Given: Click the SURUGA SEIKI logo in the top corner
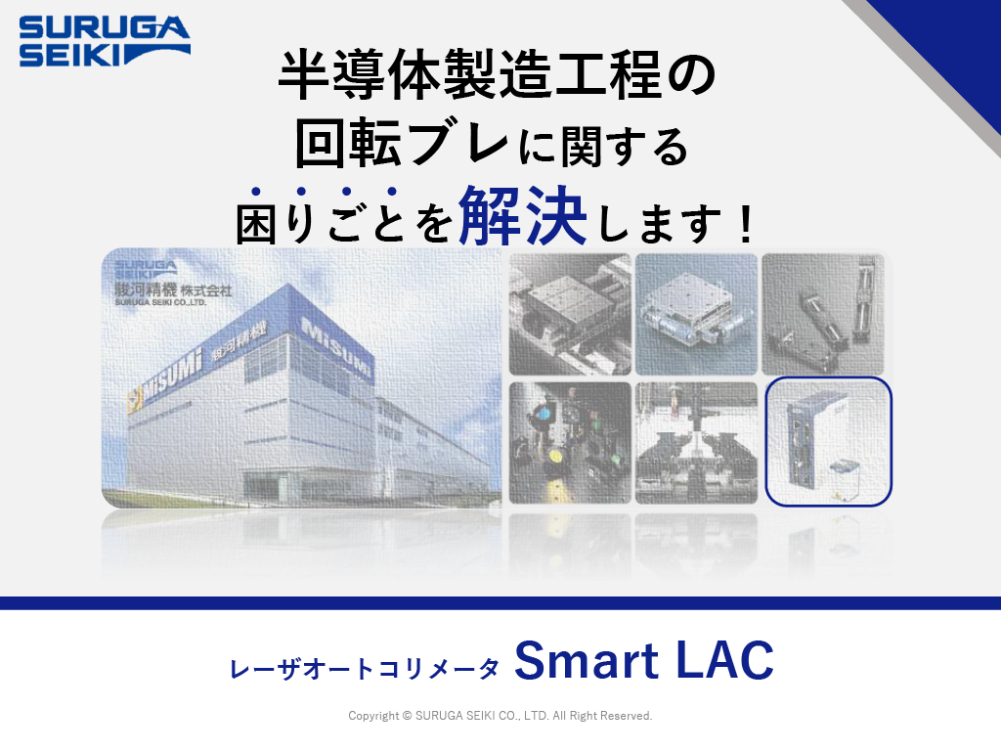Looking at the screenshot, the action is pyautogui.click(x=105, y=41).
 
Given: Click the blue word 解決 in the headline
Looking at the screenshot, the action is pyautogui.click(x=523, y=216).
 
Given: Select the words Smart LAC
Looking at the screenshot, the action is pyautogui.click(x=644, y=660).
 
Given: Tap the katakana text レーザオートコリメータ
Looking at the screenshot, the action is pyautogui.click(x=365, y=669).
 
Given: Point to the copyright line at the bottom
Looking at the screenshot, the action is pyautogui.click(x=500, y=716).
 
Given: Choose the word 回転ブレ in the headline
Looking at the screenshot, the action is pyautogui.click(x=402, y=143).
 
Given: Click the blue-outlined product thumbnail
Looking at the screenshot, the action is pyautogui.click(x=828, y=441).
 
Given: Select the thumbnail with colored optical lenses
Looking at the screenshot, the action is pyautogui.click(x=570, y=443).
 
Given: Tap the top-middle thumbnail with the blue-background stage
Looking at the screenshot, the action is pyautogui.click(x=696, y=314).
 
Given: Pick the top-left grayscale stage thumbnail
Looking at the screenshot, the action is pyautogui.click(x=570, y=314).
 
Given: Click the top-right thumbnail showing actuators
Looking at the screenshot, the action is pyautogui.click(x=823, y=314).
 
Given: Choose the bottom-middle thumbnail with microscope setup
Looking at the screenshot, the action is pyautogui.click(x=696, y=443).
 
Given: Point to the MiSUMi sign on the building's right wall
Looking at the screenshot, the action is pyautogui.click(x=336, y=348).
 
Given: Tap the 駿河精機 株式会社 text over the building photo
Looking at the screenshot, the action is pyautogui.click(x=173, y=290).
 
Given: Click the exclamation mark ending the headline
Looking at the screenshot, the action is pyautogui.click(x=745, y=224).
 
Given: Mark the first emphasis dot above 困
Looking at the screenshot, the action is pyautogui.click(x=256, y=191).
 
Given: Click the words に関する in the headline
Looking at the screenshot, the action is pyautogui.click(x=603, y=146).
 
